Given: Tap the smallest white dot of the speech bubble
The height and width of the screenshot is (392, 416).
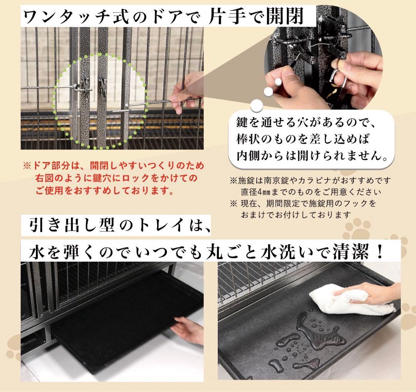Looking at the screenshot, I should (x=277, y=82).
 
